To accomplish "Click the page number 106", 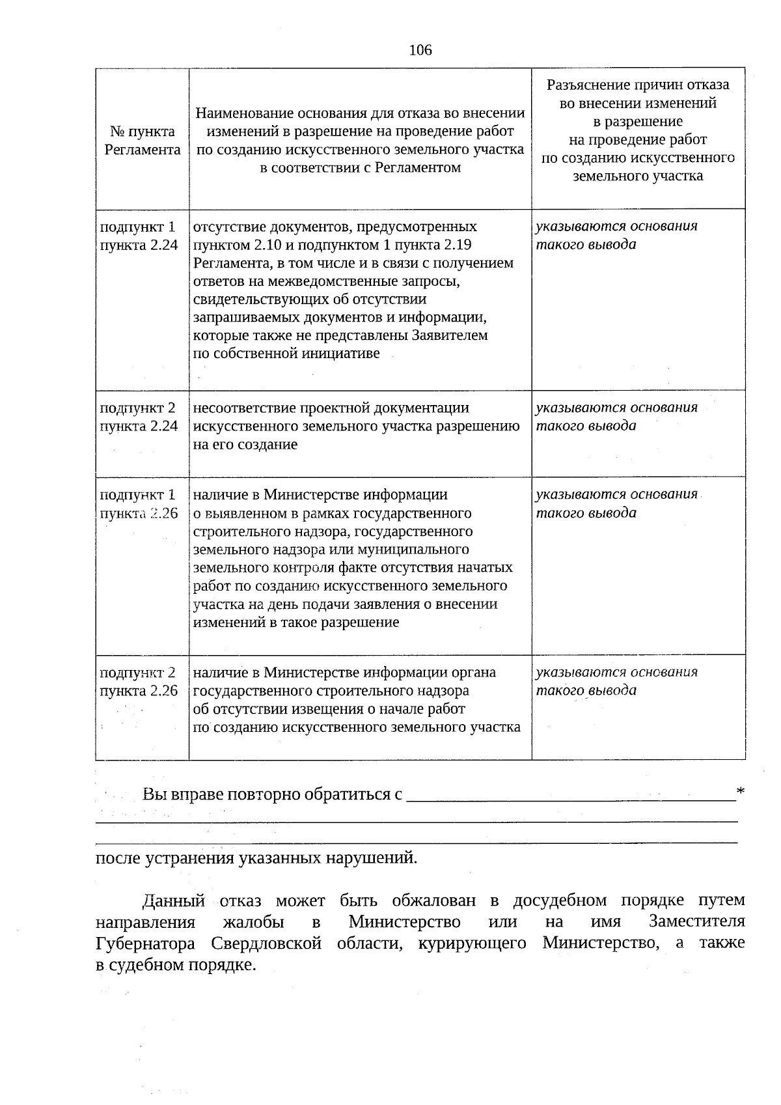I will click(420, 50).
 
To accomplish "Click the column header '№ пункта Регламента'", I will click(143, 141).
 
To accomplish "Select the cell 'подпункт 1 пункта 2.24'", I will click(138, 236).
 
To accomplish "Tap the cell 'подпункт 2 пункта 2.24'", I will click(138, 417).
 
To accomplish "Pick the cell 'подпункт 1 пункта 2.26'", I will click(138, 503).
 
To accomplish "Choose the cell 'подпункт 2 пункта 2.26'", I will click(138, 681).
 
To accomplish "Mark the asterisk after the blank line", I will click(740, 791).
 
